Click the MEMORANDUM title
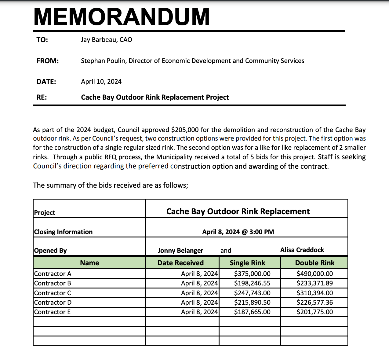click(x=122, y=17)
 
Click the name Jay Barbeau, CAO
click(x=106, y=40)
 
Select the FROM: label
click(x=47, y=61)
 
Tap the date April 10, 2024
click(x=101, y=82)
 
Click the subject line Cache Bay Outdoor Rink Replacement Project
click(x=155, y=97)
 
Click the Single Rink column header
click(x=247, y=263)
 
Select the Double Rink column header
click(x=314, y=263)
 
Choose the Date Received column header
click(x=180, y=263)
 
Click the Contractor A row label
click(x=53, y=274)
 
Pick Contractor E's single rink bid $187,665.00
click(x=252, y=312)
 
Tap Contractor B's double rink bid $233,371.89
click(x=314, y=283)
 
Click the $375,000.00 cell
click(x=252, y=274)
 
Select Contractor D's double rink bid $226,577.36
click(x=314, y=303)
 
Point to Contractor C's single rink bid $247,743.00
click(x=252, y=293)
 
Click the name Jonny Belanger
click(x=180, y=251)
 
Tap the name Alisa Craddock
click(x=302, y=250)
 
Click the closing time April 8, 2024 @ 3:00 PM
click(x=238, y=232)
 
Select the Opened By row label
click(x=50, y=251)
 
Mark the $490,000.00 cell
click(x=314, y=274)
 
